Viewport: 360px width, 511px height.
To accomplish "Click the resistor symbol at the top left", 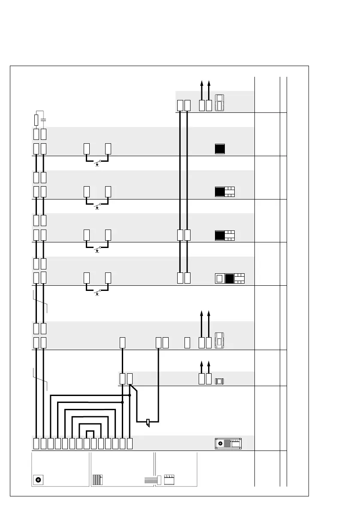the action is pos(36,119).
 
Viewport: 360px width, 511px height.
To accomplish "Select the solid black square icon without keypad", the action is pos(220,149).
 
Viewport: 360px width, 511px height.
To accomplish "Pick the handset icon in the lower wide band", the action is pos(219,340).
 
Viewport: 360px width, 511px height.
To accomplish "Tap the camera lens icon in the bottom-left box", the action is pos(39,480).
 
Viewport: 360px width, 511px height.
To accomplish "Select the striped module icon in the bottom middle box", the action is pos(97,480).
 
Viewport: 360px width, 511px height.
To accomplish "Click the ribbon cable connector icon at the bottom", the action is pos(153,480).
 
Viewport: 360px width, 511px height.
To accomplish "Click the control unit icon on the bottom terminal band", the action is pos(228,443).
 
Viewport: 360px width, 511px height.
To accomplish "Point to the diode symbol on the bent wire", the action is pos(148,422).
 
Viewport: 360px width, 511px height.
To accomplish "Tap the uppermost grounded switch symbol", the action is pos(97,163).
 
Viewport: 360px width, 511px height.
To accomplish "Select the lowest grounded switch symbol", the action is pos(97,293).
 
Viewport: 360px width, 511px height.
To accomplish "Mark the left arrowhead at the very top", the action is pos(202,82).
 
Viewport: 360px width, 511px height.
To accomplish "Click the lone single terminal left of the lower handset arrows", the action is pos(187,342).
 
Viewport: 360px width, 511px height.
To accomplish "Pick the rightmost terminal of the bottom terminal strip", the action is pos(130,443).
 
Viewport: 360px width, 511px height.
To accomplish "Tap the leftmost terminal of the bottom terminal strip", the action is pos(36,443).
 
